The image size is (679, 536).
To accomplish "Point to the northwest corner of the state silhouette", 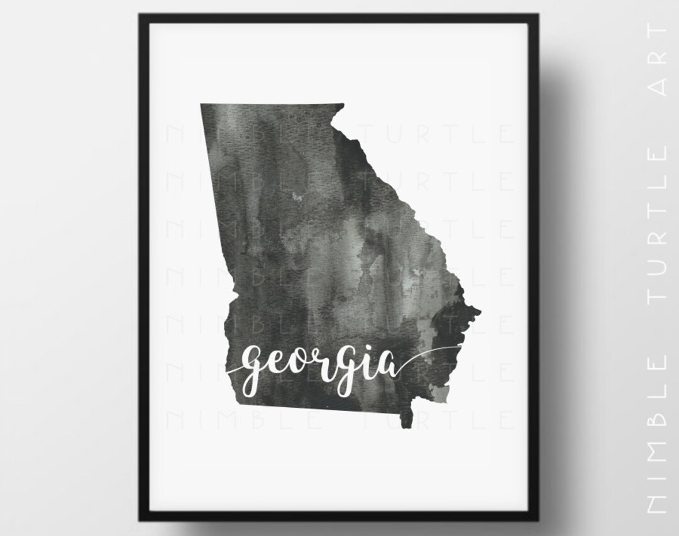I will point(201,104).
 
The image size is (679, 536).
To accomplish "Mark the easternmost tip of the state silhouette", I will point(480,310).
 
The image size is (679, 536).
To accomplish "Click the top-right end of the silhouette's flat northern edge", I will point(344,104).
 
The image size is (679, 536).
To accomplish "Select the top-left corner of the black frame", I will point(140,14).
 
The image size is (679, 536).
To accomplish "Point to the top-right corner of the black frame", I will point(538,14).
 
